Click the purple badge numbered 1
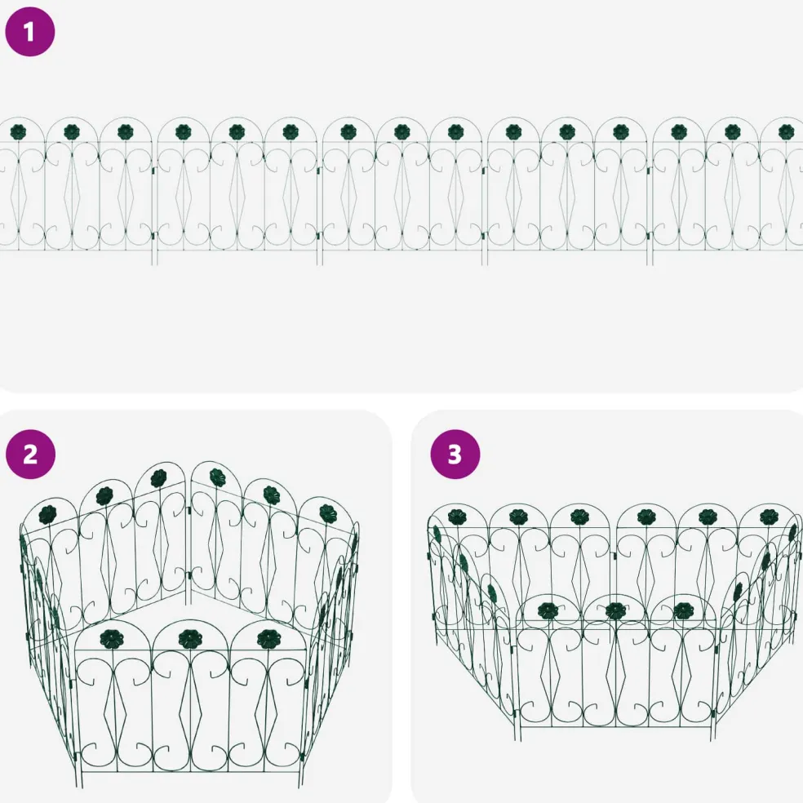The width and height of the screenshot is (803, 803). click(x=29, y=32)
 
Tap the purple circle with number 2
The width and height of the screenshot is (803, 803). click(x=30, y=455)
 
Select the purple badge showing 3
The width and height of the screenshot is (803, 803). click(x=455, y=455)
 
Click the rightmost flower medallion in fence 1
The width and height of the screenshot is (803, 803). click(x=787, y=132)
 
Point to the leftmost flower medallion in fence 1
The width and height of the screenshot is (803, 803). click(x=18, y=131)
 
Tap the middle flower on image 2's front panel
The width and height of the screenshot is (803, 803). click(x=190, y=639)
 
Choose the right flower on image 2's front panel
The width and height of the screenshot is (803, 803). click(x=268, y=639)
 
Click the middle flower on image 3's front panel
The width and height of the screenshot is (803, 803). click(x=614, y=610)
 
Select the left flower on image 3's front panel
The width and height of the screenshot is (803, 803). click(x=548, y=610)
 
